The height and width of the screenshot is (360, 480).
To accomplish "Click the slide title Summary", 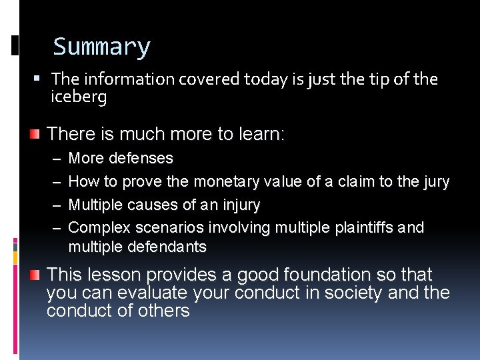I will click(102, 47).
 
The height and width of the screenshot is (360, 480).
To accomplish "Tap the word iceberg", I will click(79, 97).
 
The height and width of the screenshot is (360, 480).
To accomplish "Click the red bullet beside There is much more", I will click(34, 134).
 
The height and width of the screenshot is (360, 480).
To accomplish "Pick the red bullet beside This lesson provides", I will click(34, 275).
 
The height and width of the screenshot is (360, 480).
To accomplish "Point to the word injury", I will click(239, 205).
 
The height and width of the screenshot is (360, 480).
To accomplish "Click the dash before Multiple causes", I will click(56, 205).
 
